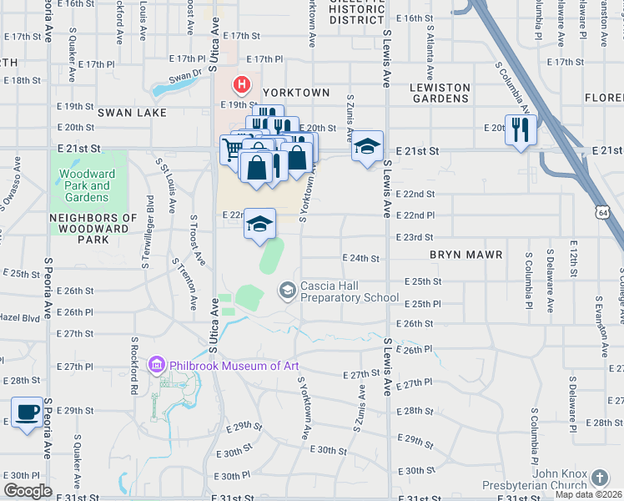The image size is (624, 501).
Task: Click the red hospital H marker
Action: tap(242, 84)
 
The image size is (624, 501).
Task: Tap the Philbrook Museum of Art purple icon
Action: tap(156, 365)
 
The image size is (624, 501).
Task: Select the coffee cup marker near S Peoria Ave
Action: tap(28, 412)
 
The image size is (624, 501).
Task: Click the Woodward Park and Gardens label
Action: tap(83, 186)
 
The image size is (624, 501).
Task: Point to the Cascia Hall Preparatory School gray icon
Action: tap(288, 291)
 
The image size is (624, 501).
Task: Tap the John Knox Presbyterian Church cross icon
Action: tap(599, 478)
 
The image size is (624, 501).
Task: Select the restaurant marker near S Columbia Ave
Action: tap(521, 129)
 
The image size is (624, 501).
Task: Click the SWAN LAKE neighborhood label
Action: tap(132, 112)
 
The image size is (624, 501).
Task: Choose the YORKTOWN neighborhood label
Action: tap(296, 93)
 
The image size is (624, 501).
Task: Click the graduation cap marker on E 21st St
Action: tap(367, 146)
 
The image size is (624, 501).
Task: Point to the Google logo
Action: tap(28, 491)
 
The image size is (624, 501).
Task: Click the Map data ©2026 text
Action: tap(587, 494)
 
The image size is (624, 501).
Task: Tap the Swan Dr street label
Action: tap(185, 75)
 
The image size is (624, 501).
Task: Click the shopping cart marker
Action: tap(234, 149)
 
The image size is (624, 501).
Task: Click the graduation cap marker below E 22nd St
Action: tap(260, 223)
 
